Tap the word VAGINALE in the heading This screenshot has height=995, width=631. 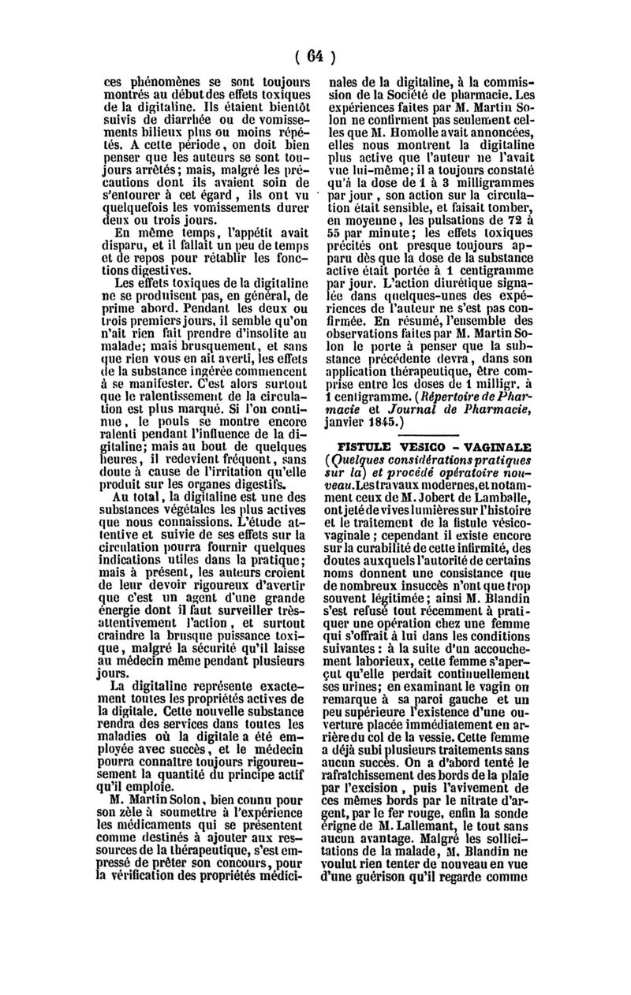pyautogui.click(x=497, y=444)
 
